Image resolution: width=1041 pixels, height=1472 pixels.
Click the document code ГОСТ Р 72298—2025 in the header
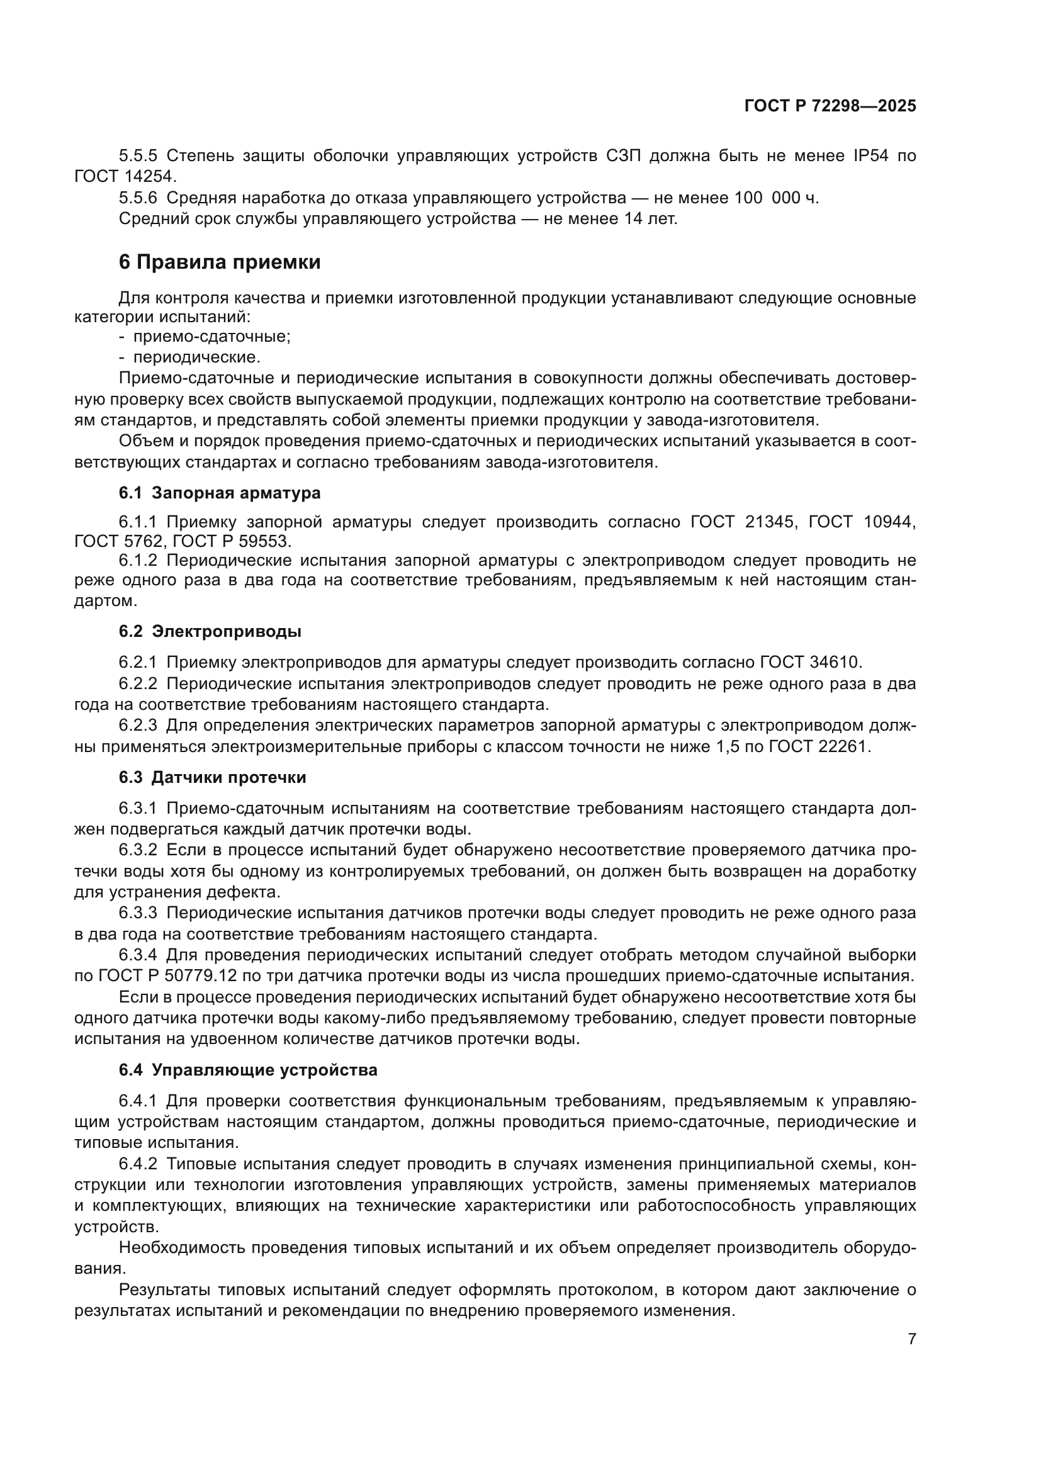830,106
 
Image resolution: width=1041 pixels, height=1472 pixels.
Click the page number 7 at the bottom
912,1339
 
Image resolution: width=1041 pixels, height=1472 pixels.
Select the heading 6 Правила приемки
219,262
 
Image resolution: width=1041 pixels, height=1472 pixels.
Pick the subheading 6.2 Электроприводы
210,631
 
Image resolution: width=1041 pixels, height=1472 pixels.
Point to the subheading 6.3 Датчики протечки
212,777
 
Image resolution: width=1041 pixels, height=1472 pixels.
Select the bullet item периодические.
197,357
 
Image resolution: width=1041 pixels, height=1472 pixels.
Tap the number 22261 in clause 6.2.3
841,746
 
